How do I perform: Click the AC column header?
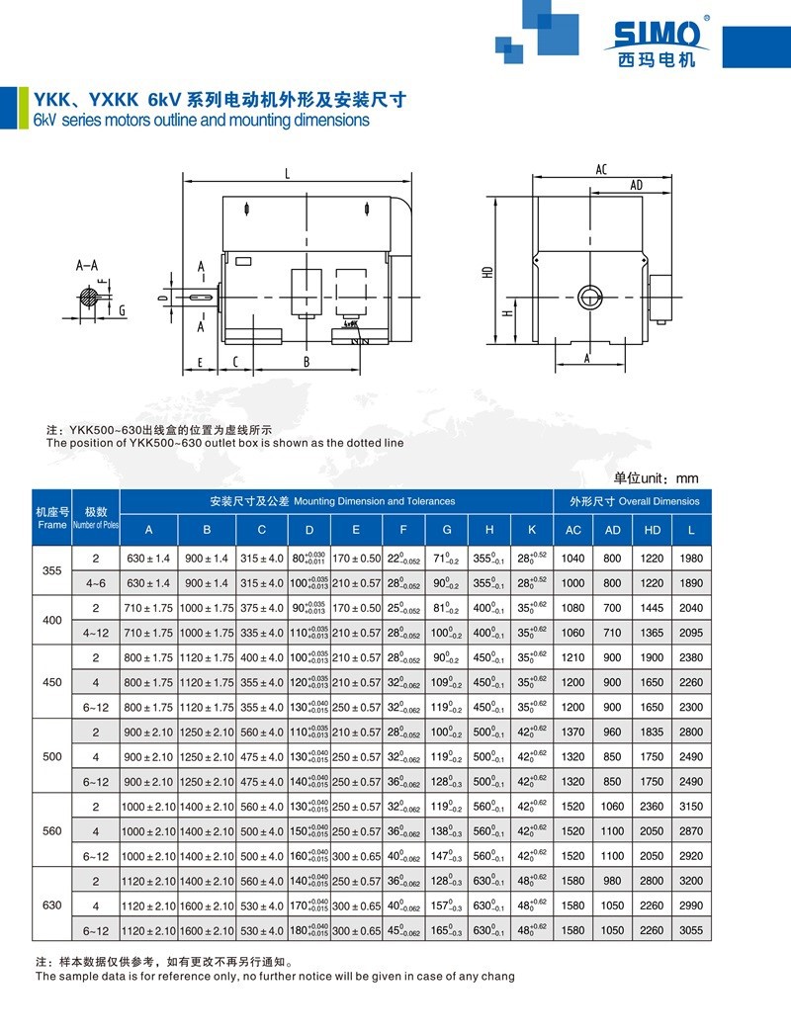click(x=573, y=530)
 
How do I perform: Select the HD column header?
click(x=653, y=530)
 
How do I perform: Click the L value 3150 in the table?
click(x=692, y=807)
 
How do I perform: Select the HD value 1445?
click(x=653, y=608)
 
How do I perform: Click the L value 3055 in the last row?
click(x=692, y=930)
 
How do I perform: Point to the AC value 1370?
click(x=573, y=732)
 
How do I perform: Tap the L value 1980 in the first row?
click(x=692, y=559)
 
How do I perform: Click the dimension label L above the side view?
click(x=287, y=174)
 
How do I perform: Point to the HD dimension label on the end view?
click(x=487, y=271)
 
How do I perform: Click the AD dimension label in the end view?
click(x=636, y=185)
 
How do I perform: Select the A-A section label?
click(x=87, y=265)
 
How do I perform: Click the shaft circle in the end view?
click(x=590, y=296)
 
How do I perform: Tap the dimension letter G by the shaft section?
click(x=121, y=310)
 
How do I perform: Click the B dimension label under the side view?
click(x=307, y=362)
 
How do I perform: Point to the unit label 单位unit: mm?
click(x=657, y=476)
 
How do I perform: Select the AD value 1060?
click(x=613, y=807)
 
